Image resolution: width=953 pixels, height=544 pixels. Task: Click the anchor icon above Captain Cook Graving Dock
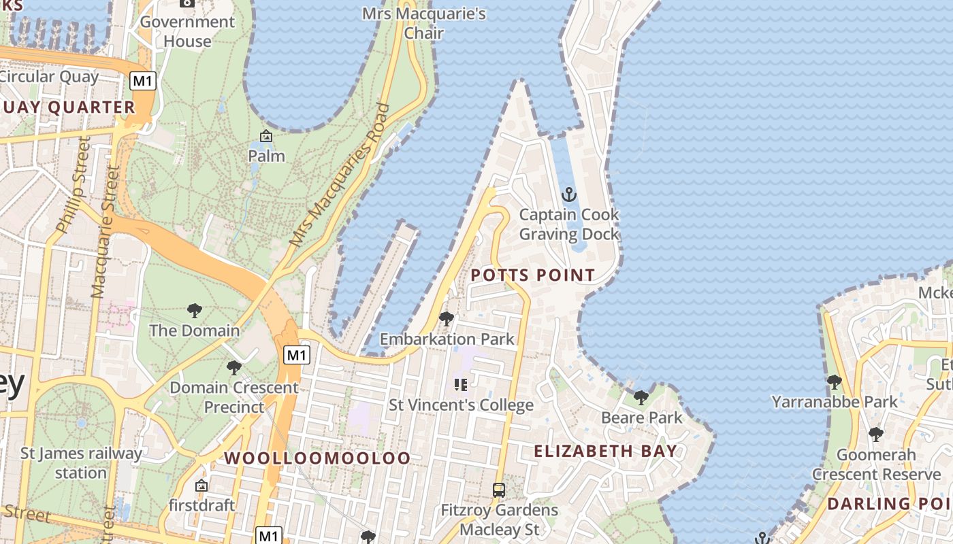568,195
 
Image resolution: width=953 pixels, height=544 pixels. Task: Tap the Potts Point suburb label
533,275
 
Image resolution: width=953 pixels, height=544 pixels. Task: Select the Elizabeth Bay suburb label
605,451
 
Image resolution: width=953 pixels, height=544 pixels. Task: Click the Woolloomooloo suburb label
317,458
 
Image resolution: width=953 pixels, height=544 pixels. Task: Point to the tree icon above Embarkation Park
447,318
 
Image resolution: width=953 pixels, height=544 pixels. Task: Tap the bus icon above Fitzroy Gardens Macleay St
499,490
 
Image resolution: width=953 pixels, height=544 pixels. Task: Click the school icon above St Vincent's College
461,385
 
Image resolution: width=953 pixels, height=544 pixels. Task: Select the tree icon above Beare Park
641,397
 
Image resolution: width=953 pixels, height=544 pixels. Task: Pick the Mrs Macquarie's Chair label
423,23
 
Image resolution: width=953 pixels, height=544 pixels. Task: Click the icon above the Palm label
266,136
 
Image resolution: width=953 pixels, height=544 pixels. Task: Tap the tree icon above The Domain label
195,311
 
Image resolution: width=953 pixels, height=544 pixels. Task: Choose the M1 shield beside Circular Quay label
143,81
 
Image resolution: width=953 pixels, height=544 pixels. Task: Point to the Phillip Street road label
73,185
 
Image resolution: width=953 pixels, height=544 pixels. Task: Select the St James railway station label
81,462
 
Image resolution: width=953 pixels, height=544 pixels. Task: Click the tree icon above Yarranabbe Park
834,381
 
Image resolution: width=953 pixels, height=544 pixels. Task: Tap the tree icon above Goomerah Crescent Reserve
876,434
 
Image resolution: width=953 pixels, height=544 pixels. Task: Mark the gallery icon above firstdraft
201,486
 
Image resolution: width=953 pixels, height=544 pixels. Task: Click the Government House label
187,31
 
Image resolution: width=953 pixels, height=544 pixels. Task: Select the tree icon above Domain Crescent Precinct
234,368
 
